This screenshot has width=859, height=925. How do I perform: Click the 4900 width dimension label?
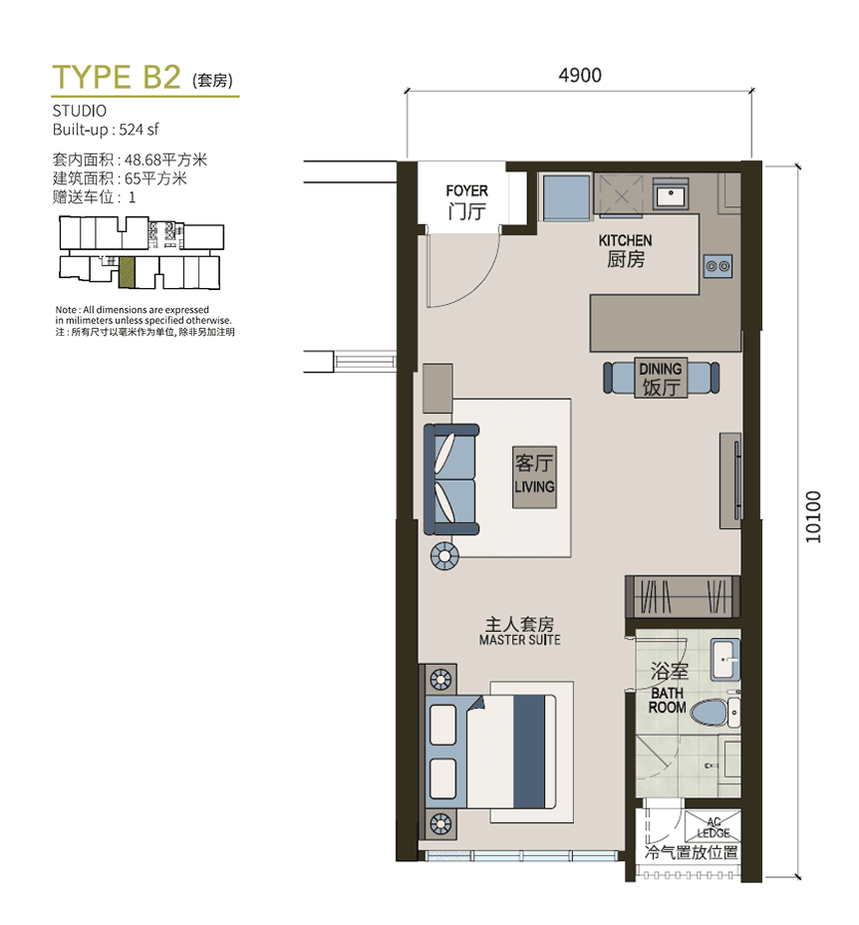580,76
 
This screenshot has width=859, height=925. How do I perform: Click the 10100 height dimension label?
813,516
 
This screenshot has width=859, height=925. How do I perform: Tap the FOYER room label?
466,191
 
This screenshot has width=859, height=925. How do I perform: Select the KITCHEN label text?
626,240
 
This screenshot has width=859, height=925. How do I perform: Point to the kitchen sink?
670,194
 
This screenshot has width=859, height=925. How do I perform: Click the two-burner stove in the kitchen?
718,267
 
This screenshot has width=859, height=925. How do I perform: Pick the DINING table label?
660,369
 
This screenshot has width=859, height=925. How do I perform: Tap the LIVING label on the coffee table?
534,487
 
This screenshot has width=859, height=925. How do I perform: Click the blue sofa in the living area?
451,479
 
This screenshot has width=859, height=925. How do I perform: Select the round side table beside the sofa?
444,556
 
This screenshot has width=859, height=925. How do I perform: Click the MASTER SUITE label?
520,640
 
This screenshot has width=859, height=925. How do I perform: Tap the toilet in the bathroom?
715,713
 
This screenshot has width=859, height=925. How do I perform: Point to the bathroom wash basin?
725,659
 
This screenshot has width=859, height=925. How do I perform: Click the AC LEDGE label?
714,827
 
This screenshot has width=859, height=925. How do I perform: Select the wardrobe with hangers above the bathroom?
683,596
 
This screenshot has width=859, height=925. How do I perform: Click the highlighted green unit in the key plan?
127,272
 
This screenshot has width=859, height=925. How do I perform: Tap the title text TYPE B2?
117,77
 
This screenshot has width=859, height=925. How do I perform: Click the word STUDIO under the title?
80,111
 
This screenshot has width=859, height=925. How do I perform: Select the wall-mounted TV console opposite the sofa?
730,480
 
